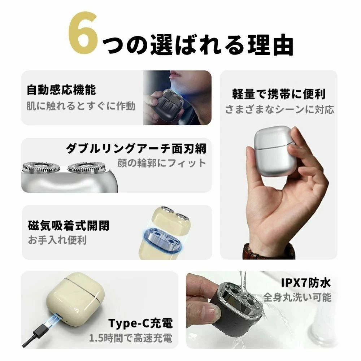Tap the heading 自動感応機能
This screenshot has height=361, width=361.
(61, 90)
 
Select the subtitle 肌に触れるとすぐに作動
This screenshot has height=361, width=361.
(81, 106)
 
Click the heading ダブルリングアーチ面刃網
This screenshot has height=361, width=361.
(136, 148)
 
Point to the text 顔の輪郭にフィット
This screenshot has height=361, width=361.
(162, 163)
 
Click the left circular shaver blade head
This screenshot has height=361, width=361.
(41, 168)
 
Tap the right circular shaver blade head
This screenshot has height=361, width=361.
(87, 168)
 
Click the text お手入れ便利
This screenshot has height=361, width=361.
(57, 240)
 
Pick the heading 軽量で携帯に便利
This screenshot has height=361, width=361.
(279, 94)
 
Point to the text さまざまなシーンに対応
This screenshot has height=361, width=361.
(279, 109)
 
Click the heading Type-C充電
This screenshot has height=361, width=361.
(140, 323)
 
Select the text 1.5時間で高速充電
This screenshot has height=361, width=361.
(131, 338)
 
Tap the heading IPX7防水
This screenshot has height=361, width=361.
(306, 283)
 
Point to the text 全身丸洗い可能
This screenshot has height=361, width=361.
(297, 297)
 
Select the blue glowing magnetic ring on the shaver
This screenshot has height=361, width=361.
(162, 240)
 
